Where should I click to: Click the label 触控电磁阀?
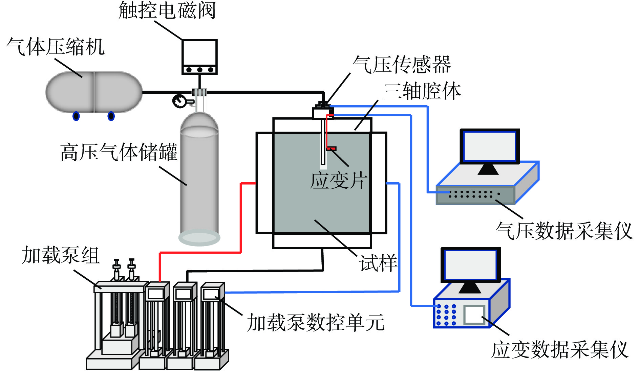click(167, 10)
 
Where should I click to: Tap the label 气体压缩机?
click(56, 46)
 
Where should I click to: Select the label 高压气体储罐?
click(119, 152)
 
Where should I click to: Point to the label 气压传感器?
click(402, 64)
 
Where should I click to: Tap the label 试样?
click(378, 263)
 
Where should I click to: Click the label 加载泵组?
click(61, 255)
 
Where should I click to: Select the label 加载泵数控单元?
click(316, 322)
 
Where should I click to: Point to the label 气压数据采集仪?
click(564, 231)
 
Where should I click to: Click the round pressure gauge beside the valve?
click(179, 101)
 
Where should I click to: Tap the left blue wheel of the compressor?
click(76, 116)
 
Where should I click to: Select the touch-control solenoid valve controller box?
click(199, 57)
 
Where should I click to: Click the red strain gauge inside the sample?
click(331, 148)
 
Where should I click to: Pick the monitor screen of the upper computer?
click(490, 146)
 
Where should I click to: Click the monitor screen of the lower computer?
click(470, 264)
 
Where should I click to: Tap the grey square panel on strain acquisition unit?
click(474, 315)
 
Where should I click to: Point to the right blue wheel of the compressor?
click(111, 116)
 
